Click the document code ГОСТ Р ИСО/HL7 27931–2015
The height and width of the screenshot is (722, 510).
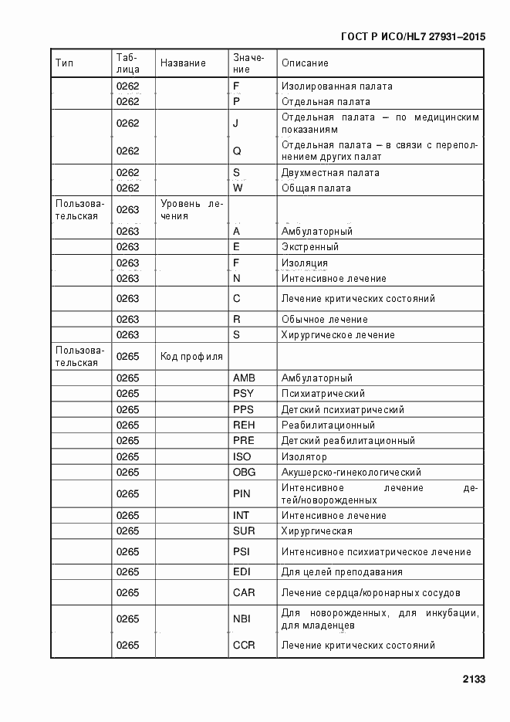pyautogui.click(x=413, y=36)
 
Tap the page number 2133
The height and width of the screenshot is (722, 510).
pyautogui.click(x=474, y=680)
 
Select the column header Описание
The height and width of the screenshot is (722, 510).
pyautogui.click(x=305, y=63)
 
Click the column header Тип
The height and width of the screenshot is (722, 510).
pyautogui.click(x=64, y=63)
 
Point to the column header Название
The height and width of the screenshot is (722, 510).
pyautogui.click(x=183, y=63)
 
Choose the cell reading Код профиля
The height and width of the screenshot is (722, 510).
pyautogui.click(x=191, y=357)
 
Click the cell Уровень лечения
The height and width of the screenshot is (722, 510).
pyautogui.click(x=191, y=210)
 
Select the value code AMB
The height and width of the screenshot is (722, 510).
pyautogui.click(x=244, y=378)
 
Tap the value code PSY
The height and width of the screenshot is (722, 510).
pyautogui.click(x=243, y=394)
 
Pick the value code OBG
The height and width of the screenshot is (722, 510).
pyautogui.click(x=244, y=473)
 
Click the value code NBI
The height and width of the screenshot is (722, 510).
pyautogui.click(x=241, y=619)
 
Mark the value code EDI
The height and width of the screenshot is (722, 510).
pyautogui.click(x=241, y=572)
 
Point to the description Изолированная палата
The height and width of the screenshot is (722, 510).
pyautogui.click(x=336, y=86)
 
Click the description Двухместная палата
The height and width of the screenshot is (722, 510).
pyautogui.click(x=330, y=173)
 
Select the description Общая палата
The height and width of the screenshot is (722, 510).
pyautogui.click(x=316, y=188)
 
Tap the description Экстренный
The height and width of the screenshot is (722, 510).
pyautogui.click(x=310, y=247)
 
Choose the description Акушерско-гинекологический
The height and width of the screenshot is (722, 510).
pyautogui.click(x=351, y=473)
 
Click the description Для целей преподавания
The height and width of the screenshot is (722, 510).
pyautogui.click(x=342, y=572)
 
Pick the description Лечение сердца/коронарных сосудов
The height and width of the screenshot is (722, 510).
pyautogui.click(x=370, y=593)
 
